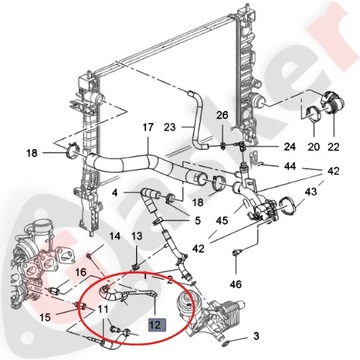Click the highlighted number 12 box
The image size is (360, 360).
[x=155, y=324]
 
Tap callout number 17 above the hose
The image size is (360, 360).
[x=147, y=127]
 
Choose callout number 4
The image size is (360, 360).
[x=116, y=191]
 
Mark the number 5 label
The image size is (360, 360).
[x=196, y=221]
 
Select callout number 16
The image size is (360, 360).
[x=77, y=271]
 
